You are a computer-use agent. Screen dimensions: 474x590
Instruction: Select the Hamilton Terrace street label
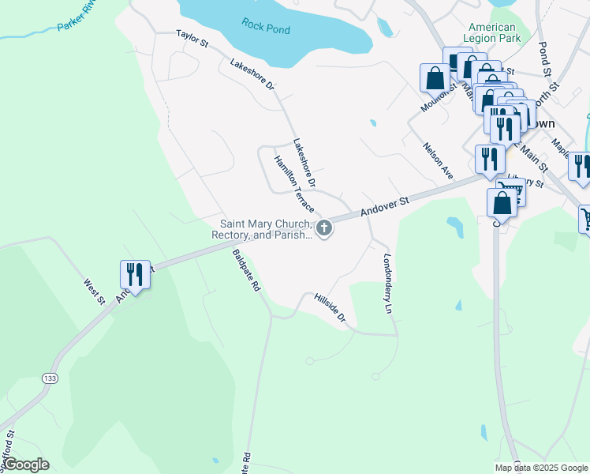tap(294, 184)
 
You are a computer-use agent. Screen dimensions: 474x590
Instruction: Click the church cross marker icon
tap(323, 229)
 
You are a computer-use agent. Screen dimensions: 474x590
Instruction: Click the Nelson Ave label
tap(438, 159)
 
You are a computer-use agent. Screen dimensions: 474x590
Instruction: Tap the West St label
tap(95, 289)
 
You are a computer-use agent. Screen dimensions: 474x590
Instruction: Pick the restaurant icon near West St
tap(134, 275)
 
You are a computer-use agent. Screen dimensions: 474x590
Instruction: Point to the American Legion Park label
tap(495, 32)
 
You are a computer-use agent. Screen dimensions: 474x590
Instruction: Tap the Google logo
tap(25, 465)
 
